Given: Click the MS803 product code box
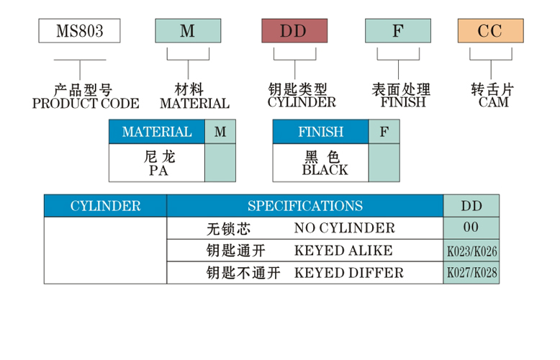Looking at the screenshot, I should pyautogui.click(x=79, y=31).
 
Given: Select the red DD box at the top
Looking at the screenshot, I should pyautogui.click(x=294, y=31).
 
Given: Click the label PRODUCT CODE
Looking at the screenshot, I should pyautogui.click(x=85, y=104).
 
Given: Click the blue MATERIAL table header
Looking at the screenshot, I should pyautogui.click(x=157, y=132).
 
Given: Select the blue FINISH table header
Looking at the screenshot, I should pyautogui.click(x=321, y=132).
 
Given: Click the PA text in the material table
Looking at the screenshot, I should pyautogui.click(x=158, y=171).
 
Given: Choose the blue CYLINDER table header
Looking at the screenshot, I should pyautogui.click(x=105, y=206).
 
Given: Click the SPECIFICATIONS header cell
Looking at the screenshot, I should pyautogui.click(x=305, y=206).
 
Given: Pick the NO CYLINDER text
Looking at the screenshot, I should pyautogui.click(x=345, y=228).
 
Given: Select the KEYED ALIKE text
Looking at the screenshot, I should pyautogui.click(x=344, y=251).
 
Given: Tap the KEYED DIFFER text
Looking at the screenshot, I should pyautogui.click(x=349, y=273).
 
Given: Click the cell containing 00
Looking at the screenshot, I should pyautogui.click(x=471, y=228).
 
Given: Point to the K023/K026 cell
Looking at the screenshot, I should pyautogui.click(x=471, y=251).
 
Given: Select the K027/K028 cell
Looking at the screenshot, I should pyautogui.click(x=471, y=273).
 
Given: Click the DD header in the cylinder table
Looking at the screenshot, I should pyautogui.click(x=471, y=206).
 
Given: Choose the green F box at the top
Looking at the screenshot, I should pyautogui.click(x=398, y=31).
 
